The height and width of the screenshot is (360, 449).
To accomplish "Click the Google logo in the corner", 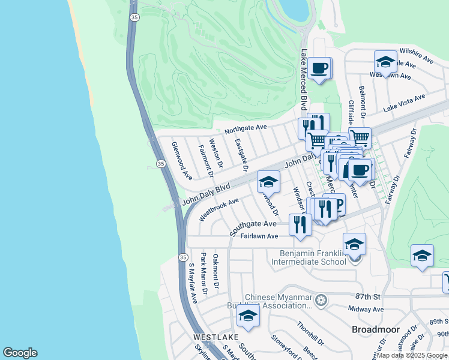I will (20, 353).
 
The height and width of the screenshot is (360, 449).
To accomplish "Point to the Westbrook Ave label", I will (219, 208).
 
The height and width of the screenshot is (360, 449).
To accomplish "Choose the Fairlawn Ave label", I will (259, 236).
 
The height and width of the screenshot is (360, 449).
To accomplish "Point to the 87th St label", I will (368, 297).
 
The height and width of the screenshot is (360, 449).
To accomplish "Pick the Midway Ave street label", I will (369, 309).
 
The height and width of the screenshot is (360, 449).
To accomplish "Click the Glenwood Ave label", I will (181, 161).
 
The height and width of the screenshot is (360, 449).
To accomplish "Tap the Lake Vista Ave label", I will (404, 103).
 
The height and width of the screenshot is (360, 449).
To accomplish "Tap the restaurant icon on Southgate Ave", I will (300, 224).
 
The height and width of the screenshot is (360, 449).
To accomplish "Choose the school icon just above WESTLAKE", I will (247, 314).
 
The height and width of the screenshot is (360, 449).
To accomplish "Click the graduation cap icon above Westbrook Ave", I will (268, 181).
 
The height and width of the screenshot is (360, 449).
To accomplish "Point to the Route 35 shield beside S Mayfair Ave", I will (183, 257).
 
